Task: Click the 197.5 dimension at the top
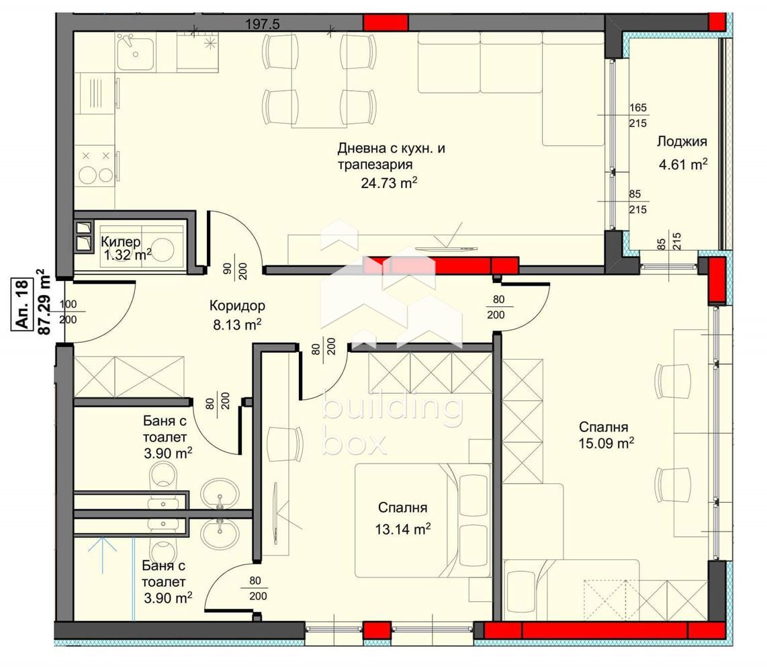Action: tap(262, 24)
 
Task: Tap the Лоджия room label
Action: tap(682, 141)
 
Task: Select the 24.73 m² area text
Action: tap(389, 183)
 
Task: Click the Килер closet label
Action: tap(121, 241)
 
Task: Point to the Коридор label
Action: tap(237, 306)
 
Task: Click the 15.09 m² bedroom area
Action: tap(606, 443)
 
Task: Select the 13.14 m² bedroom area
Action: tap(403, 529)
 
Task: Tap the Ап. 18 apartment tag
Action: tap(23, 304)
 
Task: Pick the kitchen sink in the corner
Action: tap(136, 52)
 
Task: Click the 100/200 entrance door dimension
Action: tap(68, 312)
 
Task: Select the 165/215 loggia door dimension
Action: tap(638, 116)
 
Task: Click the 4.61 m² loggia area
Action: tap(683, 165)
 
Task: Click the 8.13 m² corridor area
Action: tap(237, 324)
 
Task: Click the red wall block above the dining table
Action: tap(386, 22)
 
